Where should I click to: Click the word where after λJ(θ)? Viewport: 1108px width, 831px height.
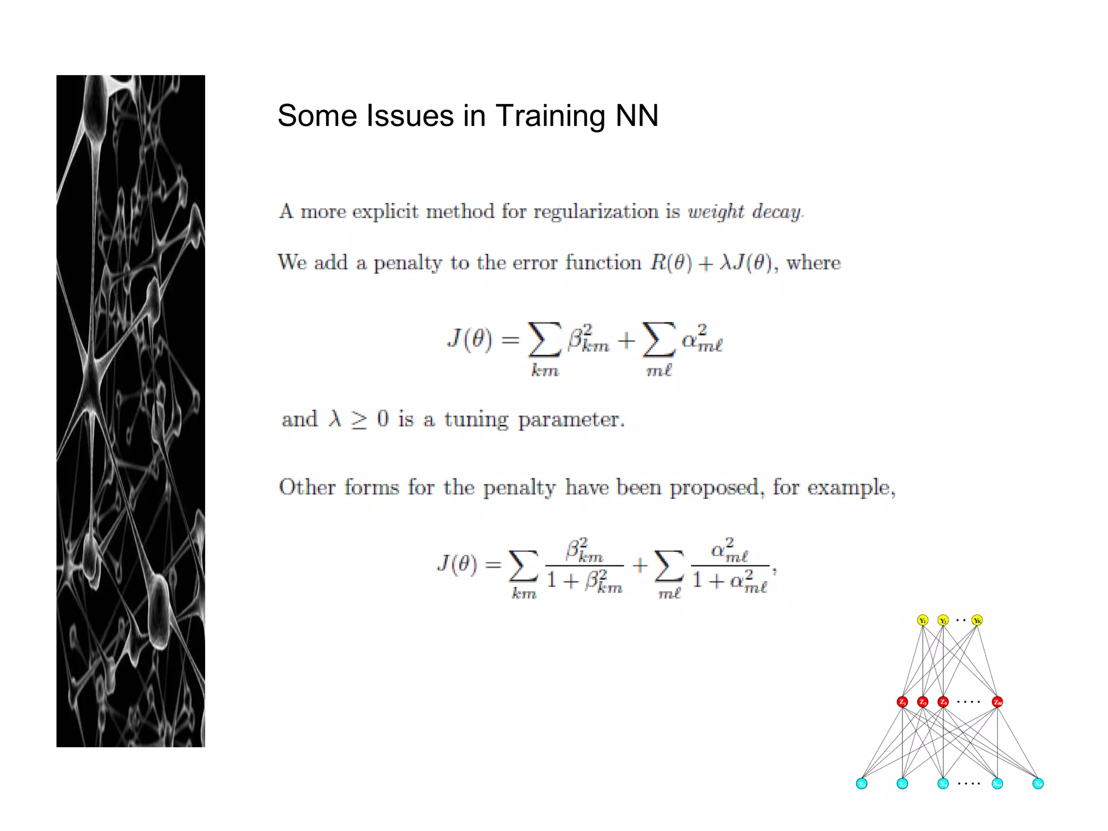[813, 263]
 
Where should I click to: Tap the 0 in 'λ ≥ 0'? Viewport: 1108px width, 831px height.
[382, 419]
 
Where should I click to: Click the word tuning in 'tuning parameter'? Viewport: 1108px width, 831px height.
[476, 420]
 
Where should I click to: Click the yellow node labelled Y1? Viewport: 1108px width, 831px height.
[923, 621]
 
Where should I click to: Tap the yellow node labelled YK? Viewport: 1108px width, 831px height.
[977, 621]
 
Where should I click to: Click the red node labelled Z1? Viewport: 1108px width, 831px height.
[902, 702]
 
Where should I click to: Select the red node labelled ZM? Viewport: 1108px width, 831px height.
[998, 702]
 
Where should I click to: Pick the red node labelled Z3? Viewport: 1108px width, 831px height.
[943, 702]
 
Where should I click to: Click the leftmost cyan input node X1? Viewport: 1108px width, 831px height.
[862, 784]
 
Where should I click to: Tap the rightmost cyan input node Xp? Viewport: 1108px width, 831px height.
[1038, 784]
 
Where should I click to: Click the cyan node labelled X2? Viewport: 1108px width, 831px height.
[902, 784]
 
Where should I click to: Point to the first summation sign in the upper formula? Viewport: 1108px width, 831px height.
[544, 340]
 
